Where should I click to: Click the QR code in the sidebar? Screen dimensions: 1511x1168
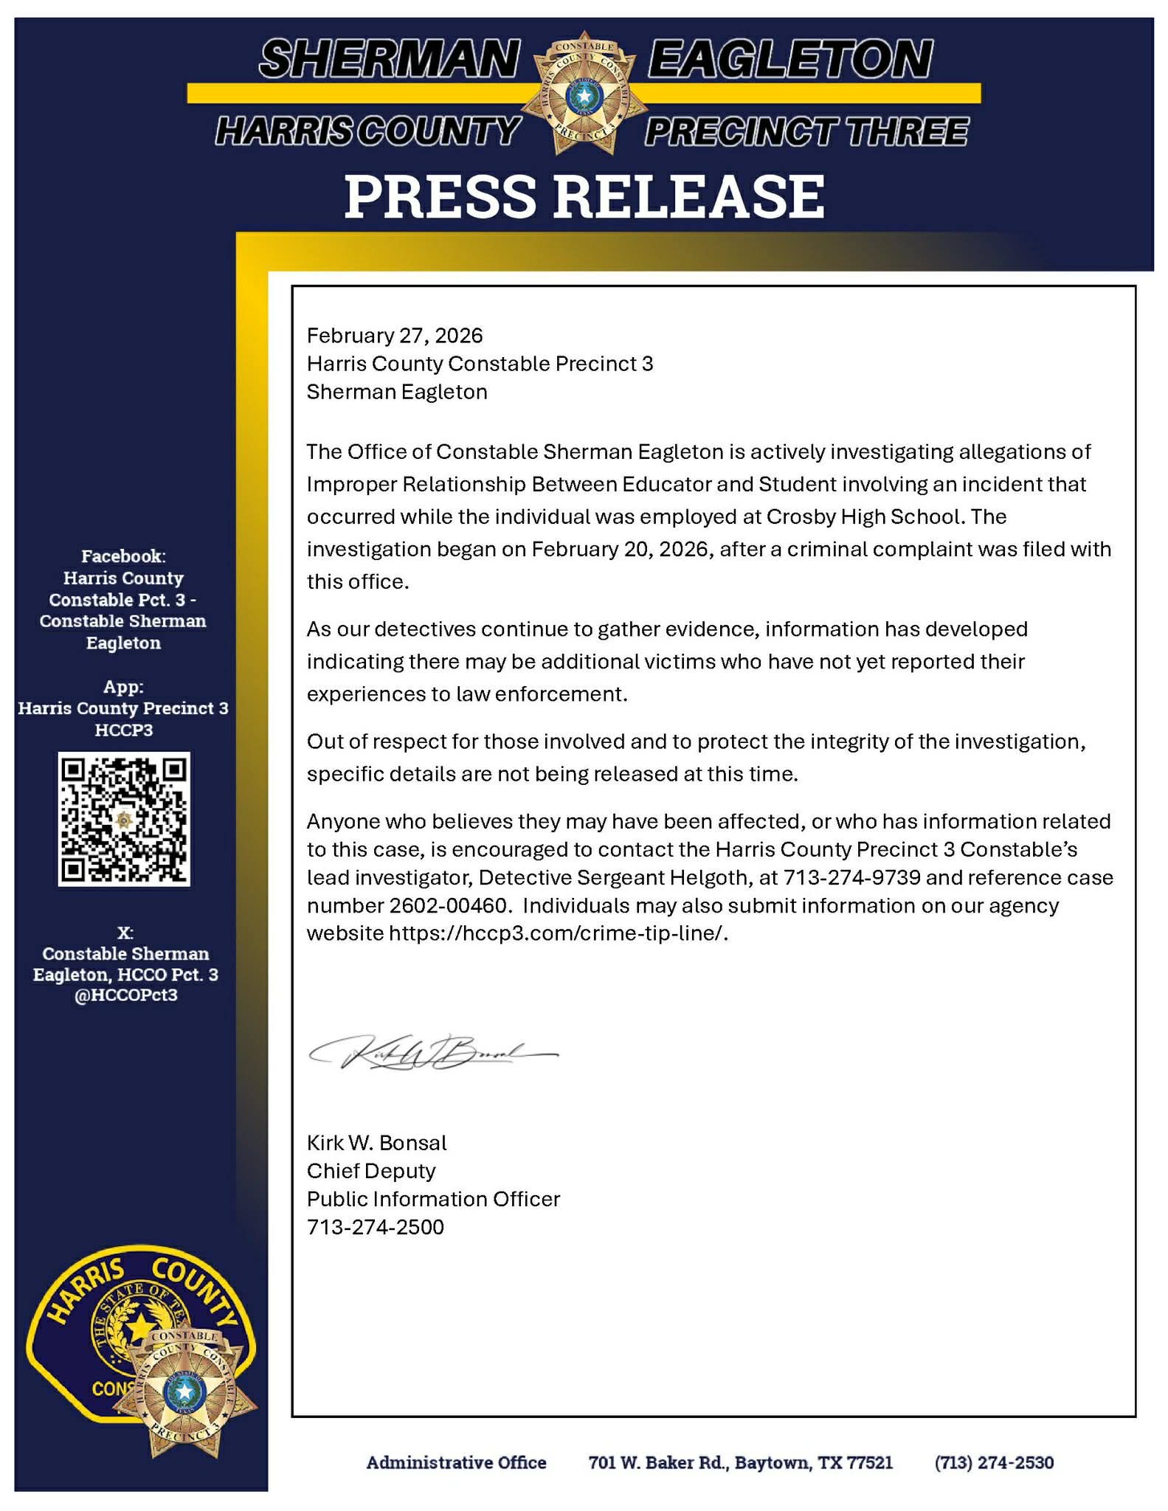click(124, 819)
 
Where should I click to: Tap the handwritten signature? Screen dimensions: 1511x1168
click(434, 1054)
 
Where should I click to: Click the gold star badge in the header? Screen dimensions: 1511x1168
click(584, 94)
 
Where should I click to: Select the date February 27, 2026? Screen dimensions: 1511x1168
click(395, 336)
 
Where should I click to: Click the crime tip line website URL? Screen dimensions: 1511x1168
click(558, 933)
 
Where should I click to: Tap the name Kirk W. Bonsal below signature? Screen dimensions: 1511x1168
click(377, 1143)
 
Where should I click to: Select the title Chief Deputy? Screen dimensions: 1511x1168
click(371, 1171)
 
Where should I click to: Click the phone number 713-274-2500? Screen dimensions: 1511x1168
click(376, 1227)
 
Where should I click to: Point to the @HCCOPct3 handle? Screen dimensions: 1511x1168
click(125, 995)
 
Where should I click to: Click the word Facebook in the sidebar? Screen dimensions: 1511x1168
click(123, 556)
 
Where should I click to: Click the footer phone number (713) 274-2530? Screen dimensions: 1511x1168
click(994, 1462)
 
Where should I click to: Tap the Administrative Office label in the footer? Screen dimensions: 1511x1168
click(457, 1462)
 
